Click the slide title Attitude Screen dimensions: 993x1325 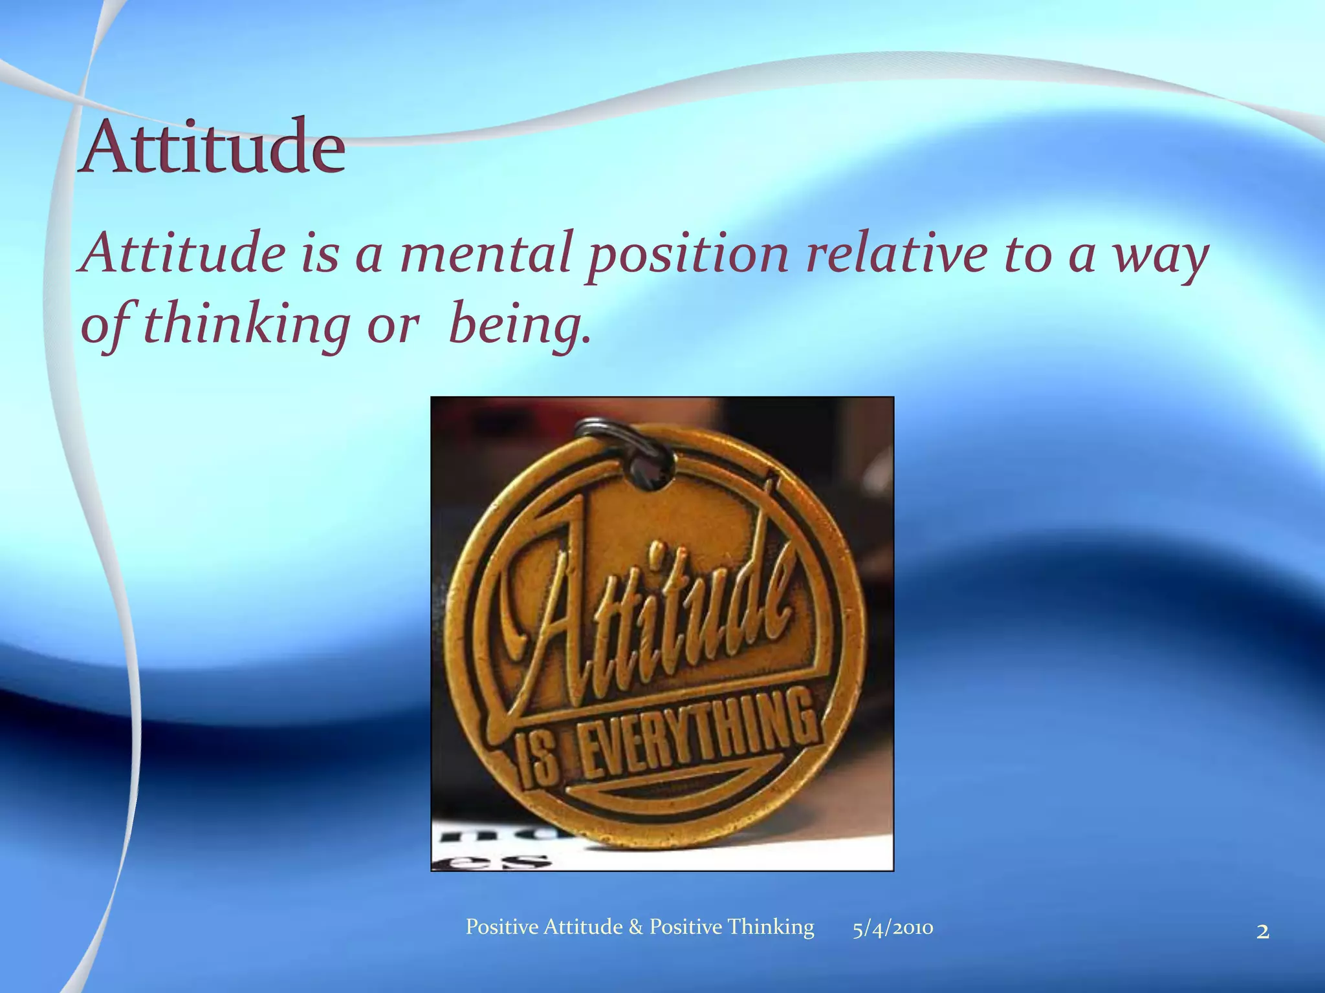tap(212, 147)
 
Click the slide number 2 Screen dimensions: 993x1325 tap(1262, 932)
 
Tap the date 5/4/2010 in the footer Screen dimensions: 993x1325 tap(893, 928)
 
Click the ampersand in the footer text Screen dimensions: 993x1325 tap(635, 927)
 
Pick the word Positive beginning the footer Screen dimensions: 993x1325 tap(502, 927)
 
